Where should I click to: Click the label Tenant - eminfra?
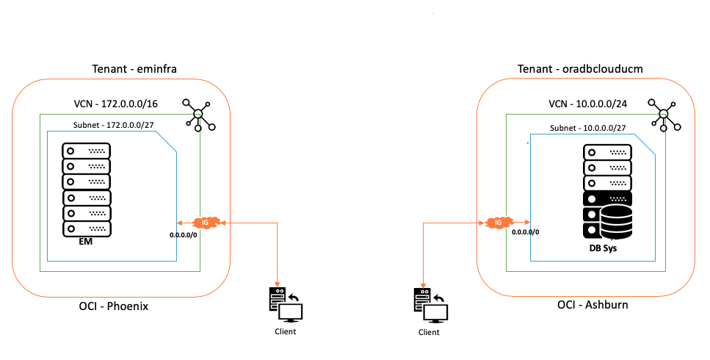tap(135, 69)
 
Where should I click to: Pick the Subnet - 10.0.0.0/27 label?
tap(587, 128)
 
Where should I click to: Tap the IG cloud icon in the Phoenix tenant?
tap(205, 222)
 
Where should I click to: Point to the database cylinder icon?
tap(615, 222)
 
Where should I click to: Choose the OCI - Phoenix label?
tap(113, 306)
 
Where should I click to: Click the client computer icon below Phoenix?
tap(285, 305)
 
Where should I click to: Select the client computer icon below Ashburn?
tap(429, 306)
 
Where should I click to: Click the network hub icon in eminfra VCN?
tap(198, 114)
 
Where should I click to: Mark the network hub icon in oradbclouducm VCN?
tap(664, 114)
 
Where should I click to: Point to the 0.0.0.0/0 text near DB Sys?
tap(525, 232)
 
